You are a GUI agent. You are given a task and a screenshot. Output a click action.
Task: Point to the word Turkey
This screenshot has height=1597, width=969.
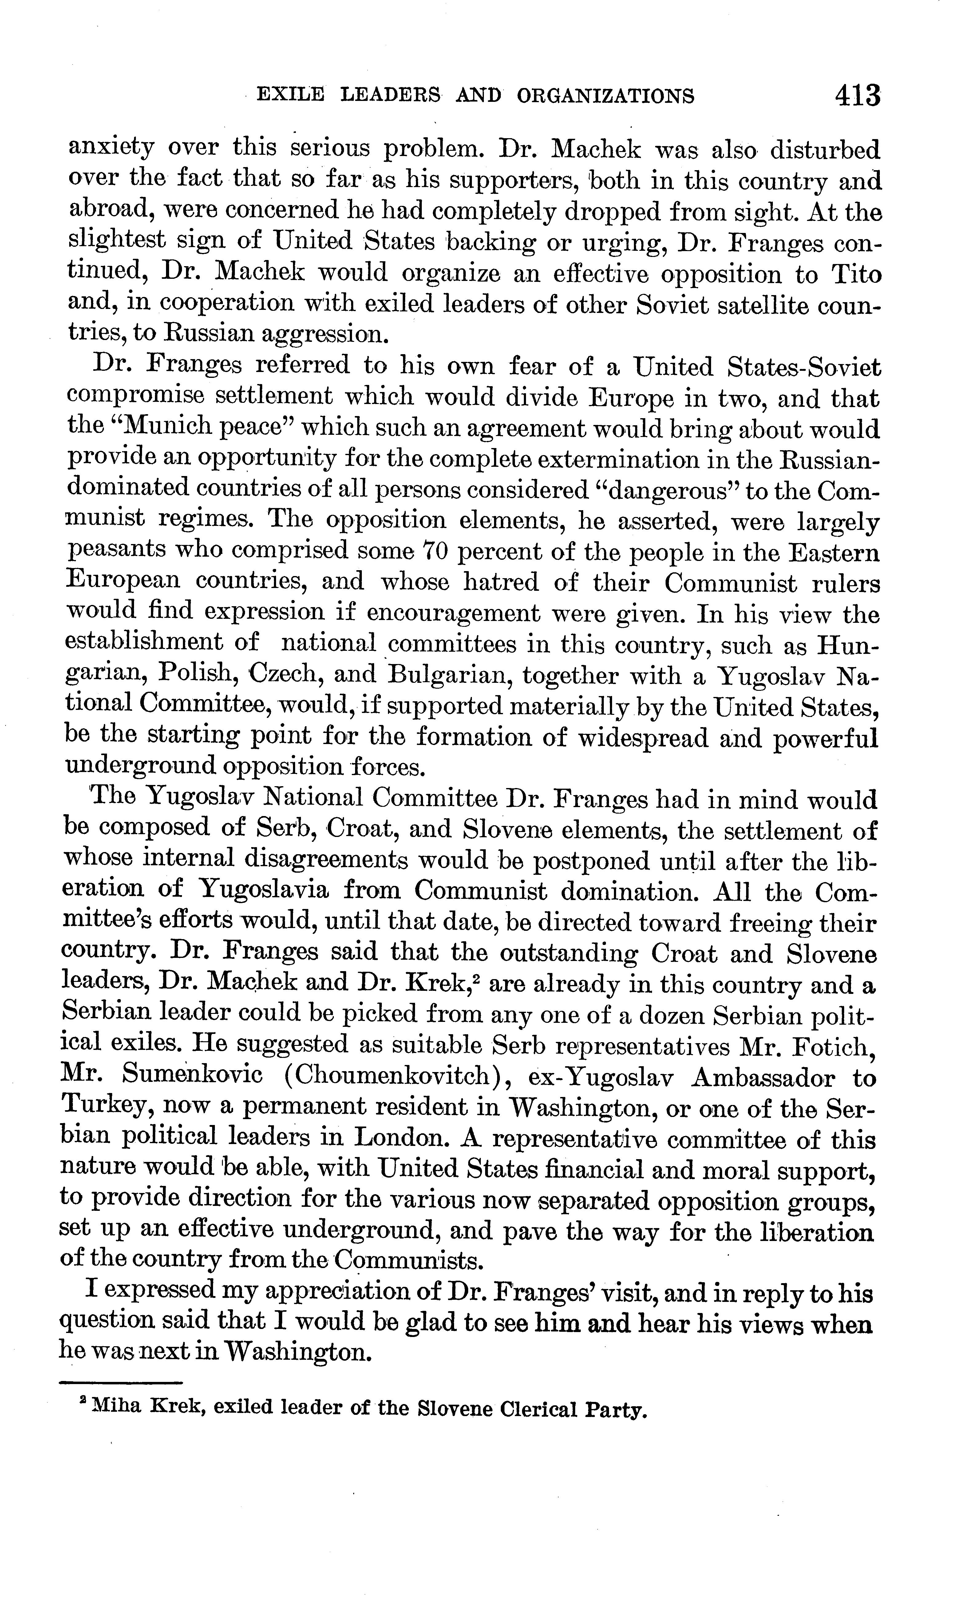tap(106, 1108)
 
